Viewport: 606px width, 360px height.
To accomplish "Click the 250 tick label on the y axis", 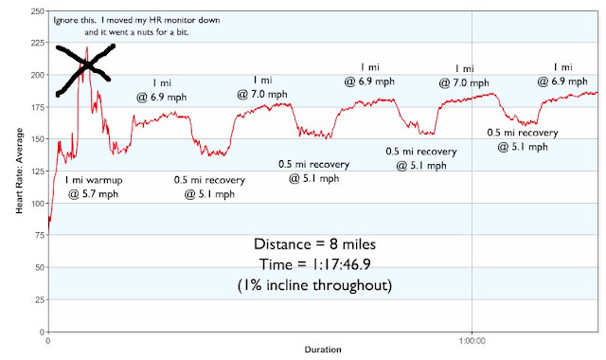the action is (38, 11).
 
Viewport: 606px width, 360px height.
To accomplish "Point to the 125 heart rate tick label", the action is (38, 171).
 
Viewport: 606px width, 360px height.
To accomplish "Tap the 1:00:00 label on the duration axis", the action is (472, 341).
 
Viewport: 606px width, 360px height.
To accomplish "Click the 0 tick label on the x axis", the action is (48, 341).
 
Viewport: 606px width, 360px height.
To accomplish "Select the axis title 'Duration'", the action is (323, 350).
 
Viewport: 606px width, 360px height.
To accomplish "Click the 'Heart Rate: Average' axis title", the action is (19, 171).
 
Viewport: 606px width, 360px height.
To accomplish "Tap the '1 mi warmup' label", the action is (93, 180).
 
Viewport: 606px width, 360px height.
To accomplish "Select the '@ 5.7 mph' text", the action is (93, 193).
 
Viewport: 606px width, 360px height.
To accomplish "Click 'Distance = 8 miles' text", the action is (314, 244).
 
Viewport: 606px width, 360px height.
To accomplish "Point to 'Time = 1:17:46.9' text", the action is (314, 265).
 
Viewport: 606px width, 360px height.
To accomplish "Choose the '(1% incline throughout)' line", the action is (314, 285).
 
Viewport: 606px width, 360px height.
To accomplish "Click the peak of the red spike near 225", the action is (87, 47).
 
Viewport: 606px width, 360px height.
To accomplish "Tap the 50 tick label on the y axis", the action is (40, 267).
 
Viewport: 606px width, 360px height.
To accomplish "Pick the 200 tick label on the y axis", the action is (38, 75).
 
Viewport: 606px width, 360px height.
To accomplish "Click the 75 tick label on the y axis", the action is (40, 235).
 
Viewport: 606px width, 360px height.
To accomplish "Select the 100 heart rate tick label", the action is (38, 203).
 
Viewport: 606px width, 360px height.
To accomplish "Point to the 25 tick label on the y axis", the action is (40, 299).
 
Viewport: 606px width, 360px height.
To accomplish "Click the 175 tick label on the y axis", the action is (38, 107).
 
